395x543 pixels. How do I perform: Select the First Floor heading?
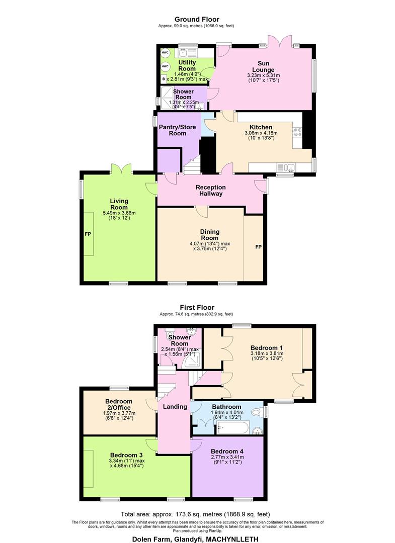(197, 307)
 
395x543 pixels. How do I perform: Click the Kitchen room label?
(261, 127)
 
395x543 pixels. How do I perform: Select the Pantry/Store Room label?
(178, 130)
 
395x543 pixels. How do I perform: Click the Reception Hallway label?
(211, 190)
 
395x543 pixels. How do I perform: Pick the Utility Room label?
(187, 65)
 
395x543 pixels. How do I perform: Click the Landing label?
(175, 406)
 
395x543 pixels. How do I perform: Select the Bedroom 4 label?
(227, 451)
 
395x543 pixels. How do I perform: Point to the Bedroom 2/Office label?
(118, 404)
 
